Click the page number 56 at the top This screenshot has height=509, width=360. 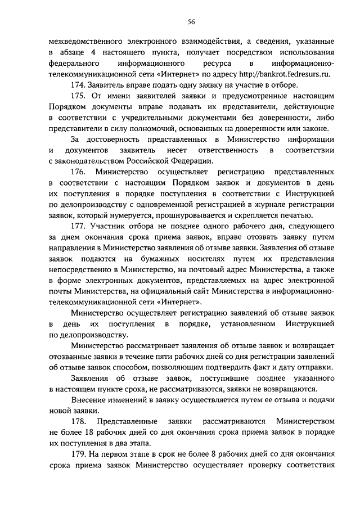[191, 22]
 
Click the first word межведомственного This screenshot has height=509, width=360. [84, 41]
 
